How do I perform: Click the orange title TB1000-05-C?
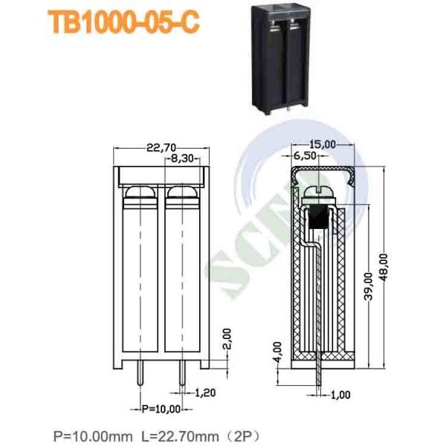123,23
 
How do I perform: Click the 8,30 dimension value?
182,158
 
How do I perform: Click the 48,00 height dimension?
384,266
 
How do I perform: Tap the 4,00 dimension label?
277,349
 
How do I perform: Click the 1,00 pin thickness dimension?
340,395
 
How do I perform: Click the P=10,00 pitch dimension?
160,409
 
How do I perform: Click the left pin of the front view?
138,378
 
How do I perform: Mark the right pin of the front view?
181,378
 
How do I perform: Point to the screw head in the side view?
320,193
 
